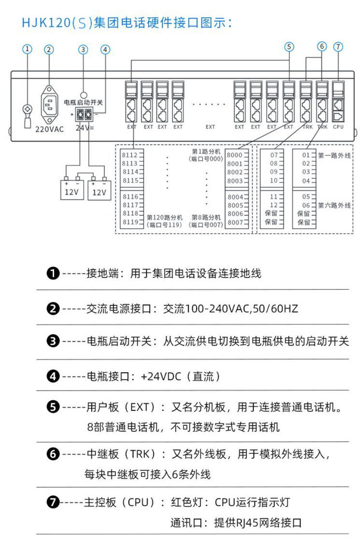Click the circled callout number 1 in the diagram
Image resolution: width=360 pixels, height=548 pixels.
tap(28, 49)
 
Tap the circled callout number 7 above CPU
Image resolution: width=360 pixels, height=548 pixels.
tap(338, 47)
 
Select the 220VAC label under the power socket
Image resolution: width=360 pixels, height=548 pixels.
tap(49, 129)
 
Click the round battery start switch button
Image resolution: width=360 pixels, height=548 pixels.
tap(83, 96)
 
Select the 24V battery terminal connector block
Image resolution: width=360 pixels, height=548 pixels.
tap(84, 114)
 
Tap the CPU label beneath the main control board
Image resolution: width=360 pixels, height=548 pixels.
tap(338, 126)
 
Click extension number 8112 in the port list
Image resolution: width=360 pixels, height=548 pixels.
tap(130, 155)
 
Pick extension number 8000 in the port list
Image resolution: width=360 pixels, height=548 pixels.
tap(234, 155)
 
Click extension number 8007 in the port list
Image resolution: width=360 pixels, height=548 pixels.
tap(234, 222)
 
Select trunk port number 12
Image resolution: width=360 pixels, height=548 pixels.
tap(274, 205)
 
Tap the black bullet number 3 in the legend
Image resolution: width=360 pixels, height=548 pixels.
tap(53, 341)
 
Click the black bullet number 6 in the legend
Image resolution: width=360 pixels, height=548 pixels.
tap(53, 454)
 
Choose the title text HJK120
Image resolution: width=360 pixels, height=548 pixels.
tap(46, 23)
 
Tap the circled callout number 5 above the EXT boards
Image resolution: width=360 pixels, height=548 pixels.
tap(289, 47)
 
